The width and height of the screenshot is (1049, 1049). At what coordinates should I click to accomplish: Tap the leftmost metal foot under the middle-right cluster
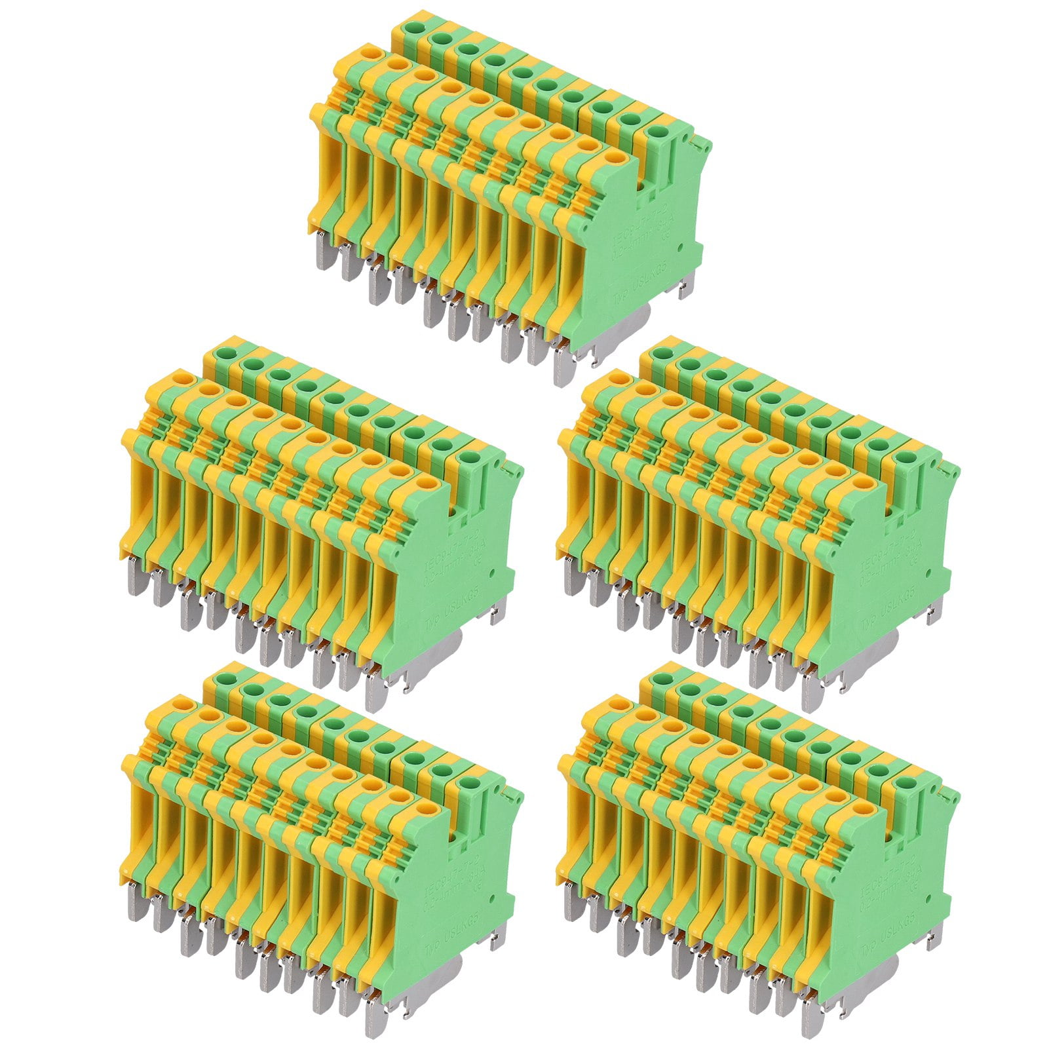coord(572,580)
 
